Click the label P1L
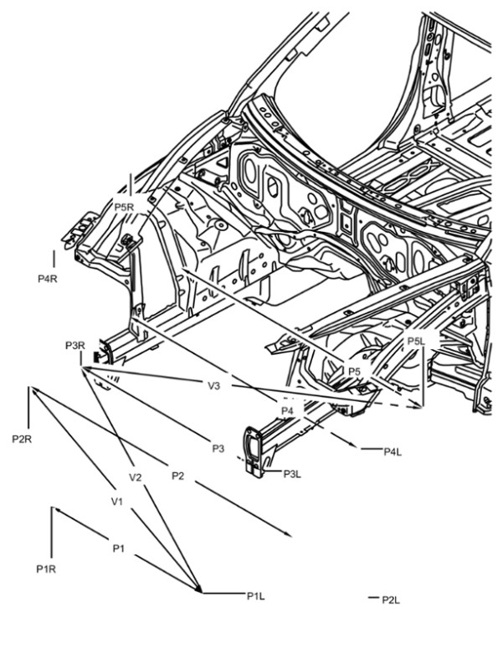click(256, 596)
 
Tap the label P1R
click(46, 569)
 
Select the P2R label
click(22, 439)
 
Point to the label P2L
click(391, 600)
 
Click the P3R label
click(75, 346)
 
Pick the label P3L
click(292, 474)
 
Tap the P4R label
click(48, 279)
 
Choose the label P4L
click(393, 452)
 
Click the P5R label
click(124, 207)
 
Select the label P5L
click(416, 342)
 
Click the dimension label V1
click(117, 502)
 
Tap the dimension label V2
click(135, 477)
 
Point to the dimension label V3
click(213, 386)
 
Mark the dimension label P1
click(119, 548)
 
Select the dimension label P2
click(177, 476)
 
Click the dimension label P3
click(218, 449)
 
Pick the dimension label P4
click(287, 410)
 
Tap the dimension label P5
click(354, 372)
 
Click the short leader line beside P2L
click(372, 598)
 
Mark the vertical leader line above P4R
click(54, 260)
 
